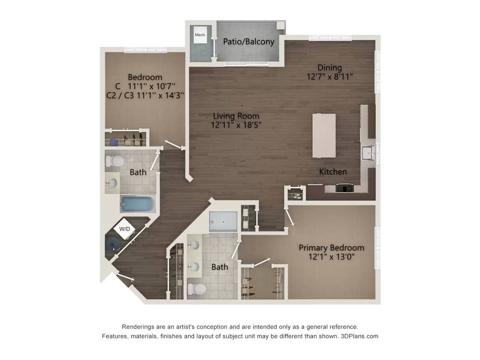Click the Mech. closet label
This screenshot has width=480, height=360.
click(x=200, y=35)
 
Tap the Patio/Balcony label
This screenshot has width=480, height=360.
click(x=249, y=42)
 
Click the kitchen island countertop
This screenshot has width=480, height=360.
click(x=324, y=135)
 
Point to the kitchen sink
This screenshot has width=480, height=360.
click(x=368, y=154)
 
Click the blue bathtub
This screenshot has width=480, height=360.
click(x=138, y=204)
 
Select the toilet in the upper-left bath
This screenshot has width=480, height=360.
click(x=114, y=161)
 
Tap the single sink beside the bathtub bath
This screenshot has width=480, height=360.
click(x=113, y=183)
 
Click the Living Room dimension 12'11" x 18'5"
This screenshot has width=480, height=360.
click(x=236, y=125)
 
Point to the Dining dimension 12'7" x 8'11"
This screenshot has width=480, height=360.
click(x=330, y=77)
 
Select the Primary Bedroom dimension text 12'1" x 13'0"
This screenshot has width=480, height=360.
click(x=331, y=257)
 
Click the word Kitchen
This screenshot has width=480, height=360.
click(x=333, y=172)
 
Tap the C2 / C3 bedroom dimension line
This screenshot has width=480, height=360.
click(x=145, y=95)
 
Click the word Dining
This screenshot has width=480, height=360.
click(x=330, y=68)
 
